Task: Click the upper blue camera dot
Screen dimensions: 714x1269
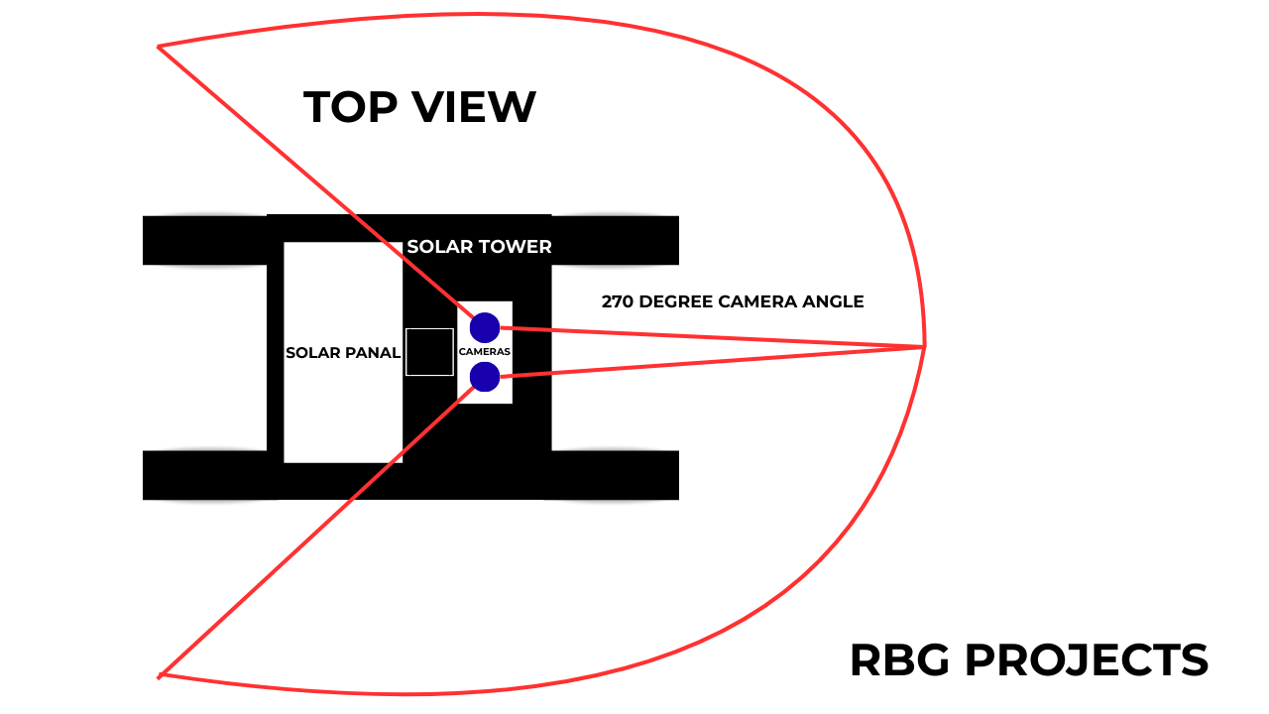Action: coord(485,327)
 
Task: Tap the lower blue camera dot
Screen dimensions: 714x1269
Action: coord(485,377)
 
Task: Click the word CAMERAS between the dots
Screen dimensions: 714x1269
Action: coord(485,352)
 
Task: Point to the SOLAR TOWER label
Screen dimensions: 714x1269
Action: coord(479,247)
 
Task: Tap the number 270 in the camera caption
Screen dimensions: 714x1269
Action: coord(619,301)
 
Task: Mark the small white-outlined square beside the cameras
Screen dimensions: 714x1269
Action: coord(429,352)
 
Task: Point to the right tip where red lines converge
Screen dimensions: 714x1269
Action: coord(924,345)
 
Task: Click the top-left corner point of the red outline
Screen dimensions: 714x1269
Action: coord(159,47)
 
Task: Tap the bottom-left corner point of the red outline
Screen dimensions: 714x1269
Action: coord(160,676)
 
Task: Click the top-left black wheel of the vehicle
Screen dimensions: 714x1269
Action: coord(204,240)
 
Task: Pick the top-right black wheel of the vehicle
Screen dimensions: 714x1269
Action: coord(615,240)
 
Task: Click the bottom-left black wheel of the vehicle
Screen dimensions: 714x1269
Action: coord(204,475)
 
